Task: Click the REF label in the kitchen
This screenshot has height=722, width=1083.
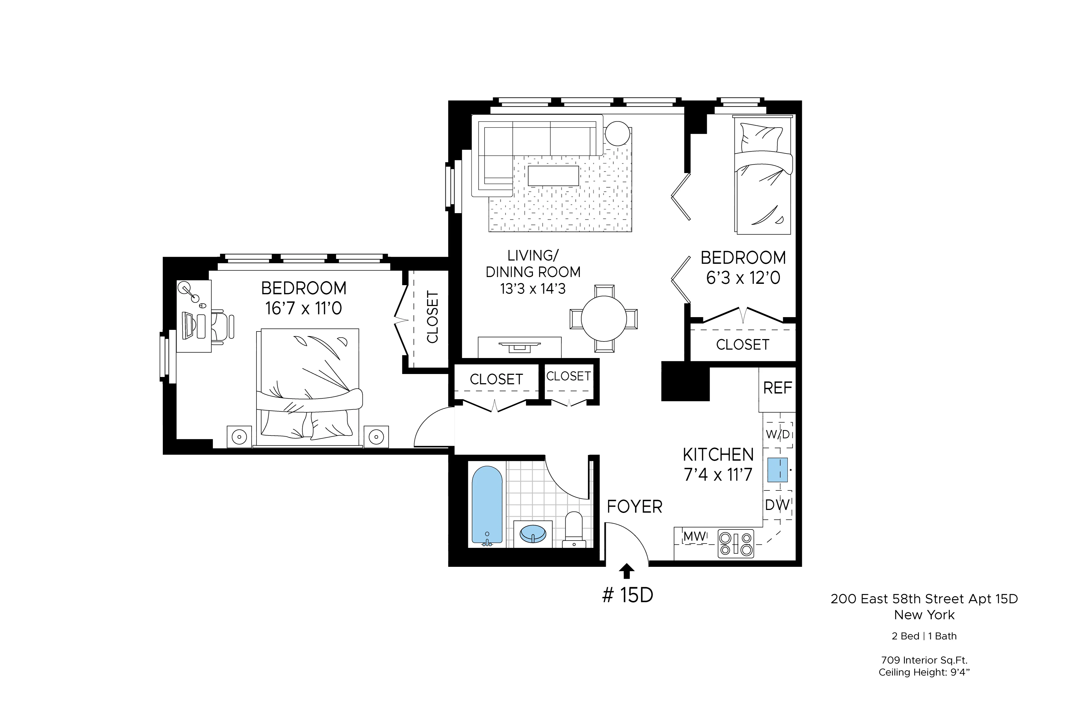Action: tap(778, 388)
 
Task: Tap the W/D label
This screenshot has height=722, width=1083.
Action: tap(778, 434)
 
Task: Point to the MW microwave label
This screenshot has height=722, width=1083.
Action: tap(695, 536)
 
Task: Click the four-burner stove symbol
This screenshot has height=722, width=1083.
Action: tap(736, 544)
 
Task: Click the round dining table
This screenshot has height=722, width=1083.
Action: tap(604, 319)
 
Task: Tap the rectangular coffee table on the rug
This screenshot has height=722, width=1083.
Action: tap(553, 176)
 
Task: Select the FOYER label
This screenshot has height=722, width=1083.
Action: tap(634, 507)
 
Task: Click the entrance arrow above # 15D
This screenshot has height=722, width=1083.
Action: tap(626, 571)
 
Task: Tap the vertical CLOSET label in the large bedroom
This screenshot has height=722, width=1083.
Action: tap(432, 317)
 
